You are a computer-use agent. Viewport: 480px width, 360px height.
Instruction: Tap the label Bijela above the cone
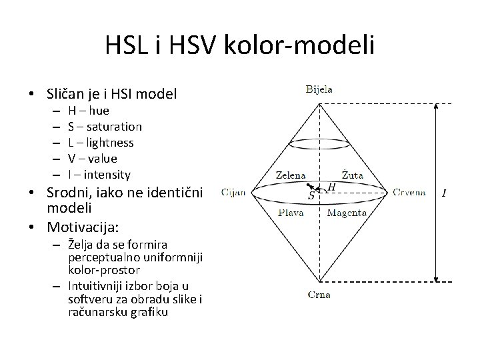pos(319,89)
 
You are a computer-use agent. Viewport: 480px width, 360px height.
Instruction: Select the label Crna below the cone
pos(319,294)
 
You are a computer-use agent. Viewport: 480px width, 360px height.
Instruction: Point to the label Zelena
pos(291,175)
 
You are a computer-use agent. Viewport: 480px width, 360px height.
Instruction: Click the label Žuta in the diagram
pos(353,175)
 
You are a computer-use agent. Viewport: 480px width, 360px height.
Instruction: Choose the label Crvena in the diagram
pos(409,193)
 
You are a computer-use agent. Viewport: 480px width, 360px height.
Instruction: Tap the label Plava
pos(291,213)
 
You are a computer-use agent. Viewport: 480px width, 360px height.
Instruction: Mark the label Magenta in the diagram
pos(347,213)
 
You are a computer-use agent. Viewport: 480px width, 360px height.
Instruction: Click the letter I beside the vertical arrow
pos(445,193)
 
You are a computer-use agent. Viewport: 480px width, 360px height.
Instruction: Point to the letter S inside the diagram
pos(311,197)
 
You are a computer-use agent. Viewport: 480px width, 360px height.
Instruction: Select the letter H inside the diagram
pos(331,189)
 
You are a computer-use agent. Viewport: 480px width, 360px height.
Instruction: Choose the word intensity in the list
pos(105,175)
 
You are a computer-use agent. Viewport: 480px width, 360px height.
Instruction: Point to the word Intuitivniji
pos(99,285)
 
